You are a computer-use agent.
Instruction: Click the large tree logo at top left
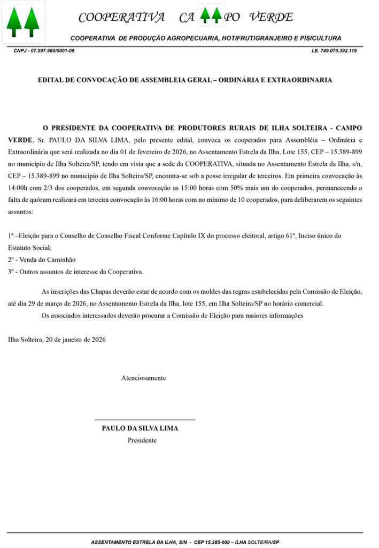[23, 21]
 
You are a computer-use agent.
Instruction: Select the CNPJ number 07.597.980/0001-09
[53, 50]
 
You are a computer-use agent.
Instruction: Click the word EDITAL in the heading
[50, 80]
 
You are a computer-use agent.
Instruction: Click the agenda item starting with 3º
[75, 271]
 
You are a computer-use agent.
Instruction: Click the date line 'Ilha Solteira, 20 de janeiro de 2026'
[57, 339]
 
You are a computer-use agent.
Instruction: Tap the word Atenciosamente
[143, 378]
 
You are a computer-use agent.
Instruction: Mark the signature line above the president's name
[144, 420]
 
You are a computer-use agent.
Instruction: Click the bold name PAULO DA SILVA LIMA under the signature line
[140, 428]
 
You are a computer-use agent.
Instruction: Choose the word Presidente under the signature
[142, 440]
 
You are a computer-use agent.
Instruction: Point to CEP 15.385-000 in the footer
[213, 542]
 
